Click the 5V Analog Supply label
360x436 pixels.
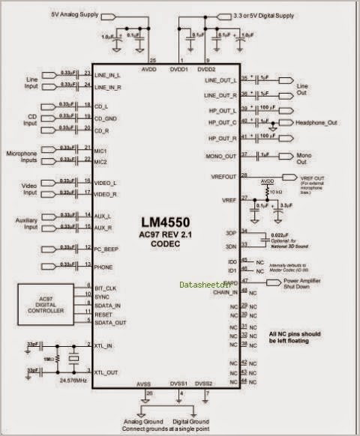click(74, 14)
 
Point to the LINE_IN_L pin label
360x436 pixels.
click(110, 74)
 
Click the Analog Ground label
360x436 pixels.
click(142, 421)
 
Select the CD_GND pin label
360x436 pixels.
click(108, 118)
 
